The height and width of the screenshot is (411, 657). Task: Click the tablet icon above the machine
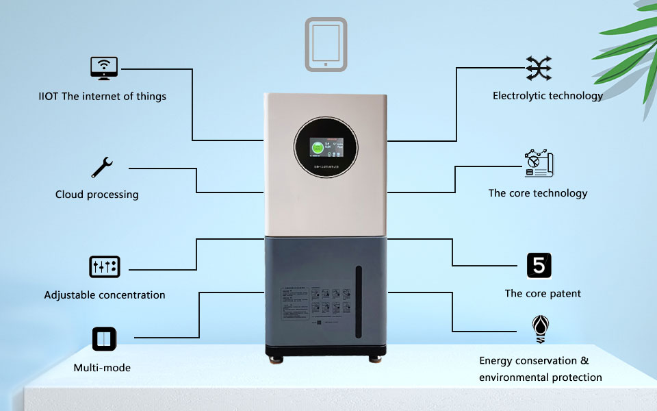coord(326,45)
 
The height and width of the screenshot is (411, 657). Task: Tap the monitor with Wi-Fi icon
coord(103,68)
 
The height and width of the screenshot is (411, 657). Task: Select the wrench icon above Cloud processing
coord(102,167)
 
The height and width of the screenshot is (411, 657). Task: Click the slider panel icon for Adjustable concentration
coord(104,266)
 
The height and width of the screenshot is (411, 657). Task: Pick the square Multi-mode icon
coord(104,338)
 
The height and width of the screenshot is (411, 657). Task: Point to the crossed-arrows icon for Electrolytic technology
coord(539,68)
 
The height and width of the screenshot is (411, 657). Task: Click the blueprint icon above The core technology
coord(539,164)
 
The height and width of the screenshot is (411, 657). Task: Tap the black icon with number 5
coord(539,265)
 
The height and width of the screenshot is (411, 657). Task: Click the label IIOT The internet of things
coord(102,97)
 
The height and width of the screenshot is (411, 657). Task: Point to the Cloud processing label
coord(96,195)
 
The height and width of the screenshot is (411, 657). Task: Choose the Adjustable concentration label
coord(105,295)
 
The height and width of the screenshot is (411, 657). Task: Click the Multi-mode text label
coord(102,368)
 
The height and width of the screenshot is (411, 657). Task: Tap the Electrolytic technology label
coord(547,96)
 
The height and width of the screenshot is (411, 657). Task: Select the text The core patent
coord(543,294)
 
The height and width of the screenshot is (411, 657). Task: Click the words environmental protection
coord(540,377)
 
